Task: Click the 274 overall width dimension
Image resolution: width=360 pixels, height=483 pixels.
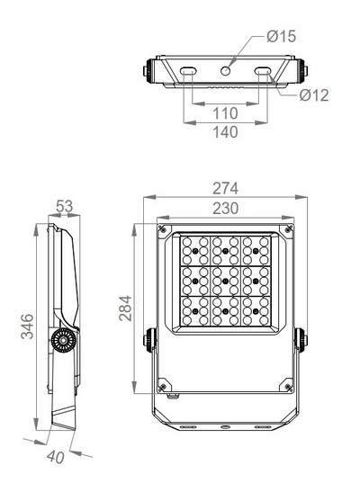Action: [x=225, y=189]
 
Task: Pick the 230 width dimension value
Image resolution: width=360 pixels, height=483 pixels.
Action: [x=225, y=208]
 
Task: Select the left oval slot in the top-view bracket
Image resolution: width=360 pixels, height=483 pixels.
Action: [x=189, y=71]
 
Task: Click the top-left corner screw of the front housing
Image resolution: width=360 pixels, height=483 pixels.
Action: [x=162, y=229]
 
